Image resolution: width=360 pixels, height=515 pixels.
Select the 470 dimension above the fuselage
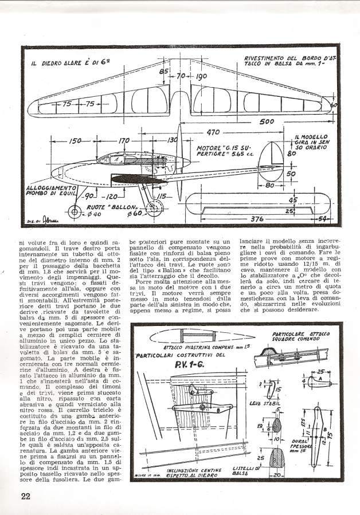(x=213, y=132)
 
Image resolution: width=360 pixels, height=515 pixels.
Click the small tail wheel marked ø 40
(x=73, y=213)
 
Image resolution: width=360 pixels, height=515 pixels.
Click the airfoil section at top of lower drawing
(x=178, y=335)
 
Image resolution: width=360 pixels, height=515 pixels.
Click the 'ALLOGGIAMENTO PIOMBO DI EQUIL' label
(x=51, y=190)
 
